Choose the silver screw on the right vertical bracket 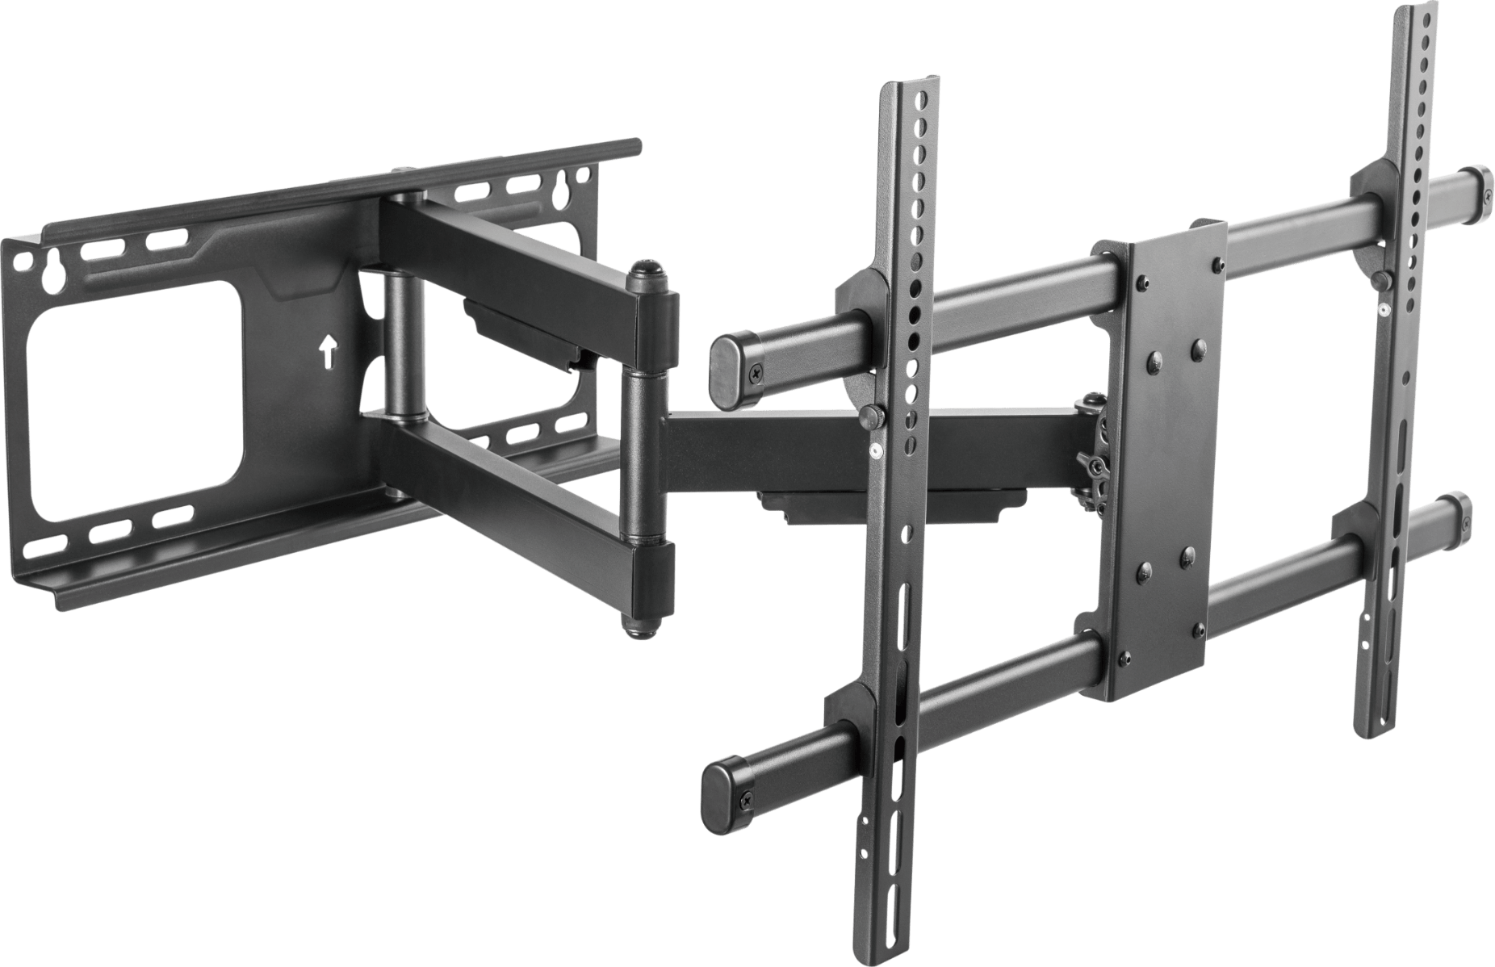point(1384,308)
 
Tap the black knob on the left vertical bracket point(871,417)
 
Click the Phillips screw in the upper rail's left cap point(756,372)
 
